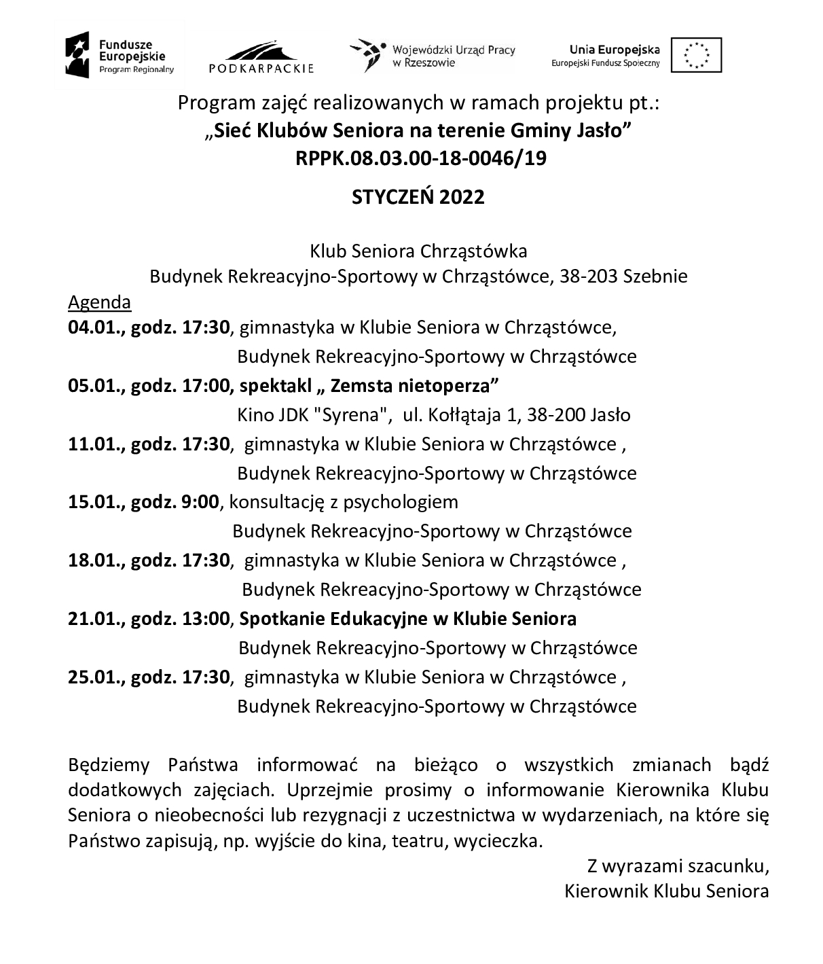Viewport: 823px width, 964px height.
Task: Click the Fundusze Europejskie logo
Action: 120,54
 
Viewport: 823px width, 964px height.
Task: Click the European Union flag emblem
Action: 696,55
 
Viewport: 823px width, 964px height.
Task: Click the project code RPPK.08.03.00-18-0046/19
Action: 421,158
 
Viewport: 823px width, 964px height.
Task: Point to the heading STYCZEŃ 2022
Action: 418,197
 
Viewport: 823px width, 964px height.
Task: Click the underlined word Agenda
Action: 99,302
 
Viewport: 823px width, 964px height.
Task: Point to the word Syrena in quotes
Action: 352,414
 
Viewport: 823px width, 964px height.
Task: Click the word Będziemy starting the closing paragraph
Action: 109,765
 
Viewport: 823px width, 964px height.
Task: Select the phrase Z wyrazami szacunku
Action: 678,866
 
